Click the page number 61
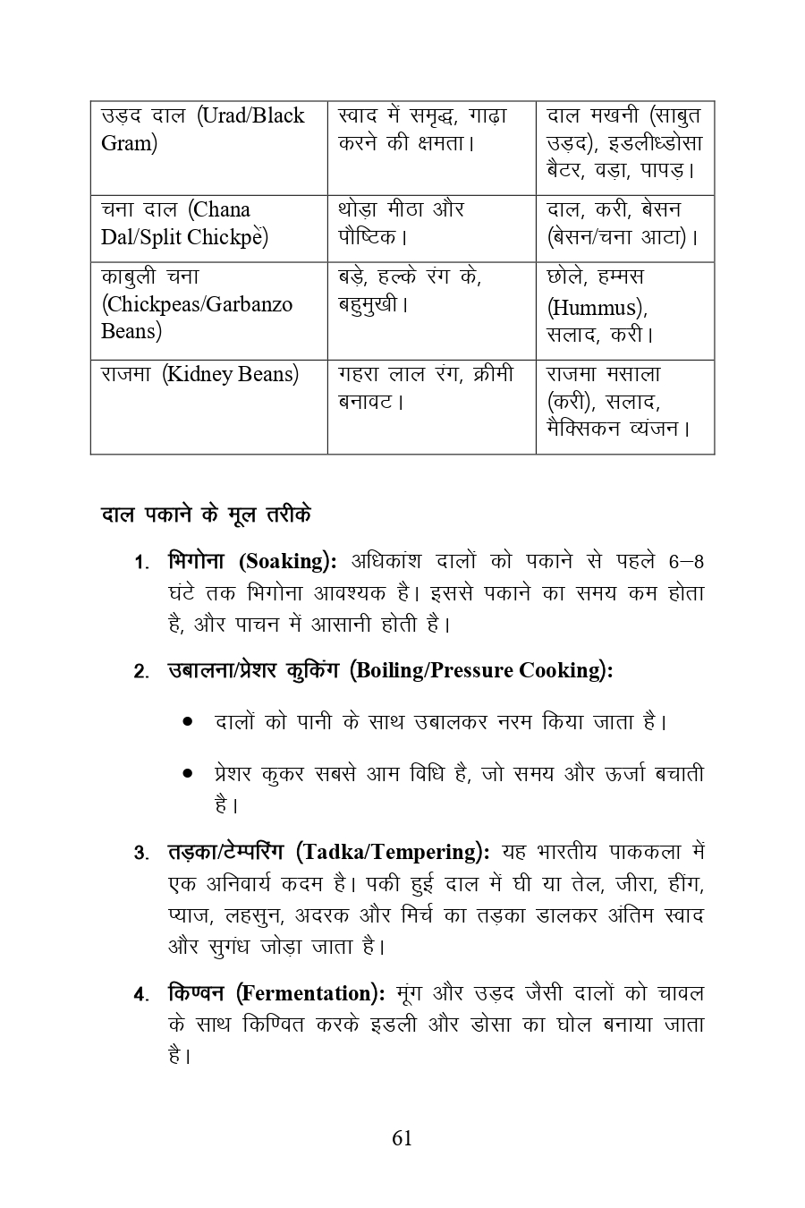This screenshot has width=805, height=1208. tap(402, 1137)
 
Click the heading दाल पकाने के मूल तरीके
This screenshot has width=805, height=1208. tap(207, 515)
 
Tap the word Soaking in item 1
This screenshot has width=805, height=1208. tap(285, 562)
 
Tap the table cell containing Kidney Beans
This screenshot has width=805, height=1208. tap(208, 406)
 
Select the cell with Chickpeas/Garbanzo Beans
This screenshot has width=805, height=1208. tap(208, 310)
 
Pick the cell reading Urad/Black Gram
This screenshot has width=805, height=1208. tap(208, 148)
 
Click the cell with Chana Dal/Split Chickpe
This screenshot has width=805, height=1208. tap(208, 228)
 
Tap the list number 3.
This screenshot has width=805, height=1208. tap(140, 853)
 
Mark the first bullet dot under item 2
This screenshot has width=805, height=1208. tap(187, 721)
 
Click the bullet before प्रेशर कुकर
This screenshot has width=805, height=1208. tap(187, 773)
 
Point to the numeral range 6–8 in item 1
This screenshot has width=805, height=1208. tap(686, 562)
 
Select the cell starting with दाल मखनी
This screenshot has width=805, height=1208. tap(624, 148)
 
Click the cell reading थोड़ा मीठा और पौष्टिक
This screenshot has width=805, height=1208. tap(431, 228)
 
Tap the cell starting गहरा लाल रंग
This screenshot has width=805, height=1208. tap(431, 406)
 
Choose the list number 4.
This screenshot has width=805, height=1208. tap(140, 995)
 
